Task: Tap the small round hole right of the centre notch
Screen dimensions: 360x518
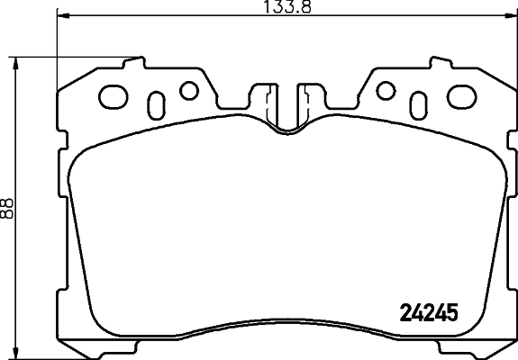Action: click(386, 90)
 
